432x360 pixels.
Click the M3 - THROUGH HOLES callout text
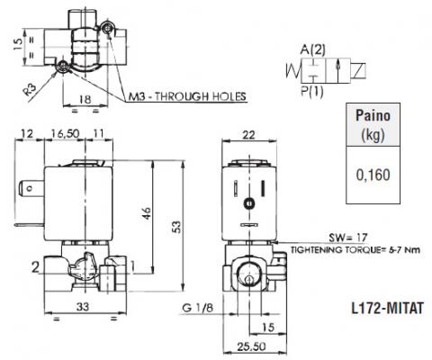(x=187, y=96)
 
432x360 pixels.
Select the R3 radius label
(x=31, y=89)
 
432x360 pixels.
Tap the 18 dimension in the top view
(x=85, y=99)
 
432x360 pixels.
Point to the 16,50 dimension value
(x=65, y=133)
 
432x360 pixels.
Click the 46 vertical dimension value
(x=147, y=213)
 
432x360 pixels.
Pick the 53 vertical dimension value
(x=177, y=227)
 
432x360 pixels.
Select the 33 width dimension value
(x=83, y=307)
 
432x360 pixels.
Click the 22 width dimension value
(x=248, y=135)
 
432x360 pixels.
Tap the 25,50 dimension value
(x=251, y=346)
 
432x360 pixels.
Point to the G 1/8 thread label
(x=198, y=308)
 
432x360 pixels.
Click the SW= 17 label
(x=348, y=238)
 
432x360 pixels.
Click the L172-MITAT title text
(x=388, y=308)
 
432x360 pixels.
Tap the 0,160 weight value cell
(x=373, y=175)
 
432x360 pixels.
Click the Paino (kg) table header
(x=373, y=125)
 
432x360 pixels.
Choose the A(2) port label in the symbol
(x=312, y=49)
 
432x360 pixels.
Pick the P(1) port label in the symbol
(x=312, y=91)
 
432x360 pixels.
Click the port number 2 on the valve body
(x=35, y=267)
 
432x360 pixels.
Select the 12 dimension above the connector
(x=27, y=133)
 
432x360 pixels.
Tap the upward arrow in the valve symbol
(x=337, y=70)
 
